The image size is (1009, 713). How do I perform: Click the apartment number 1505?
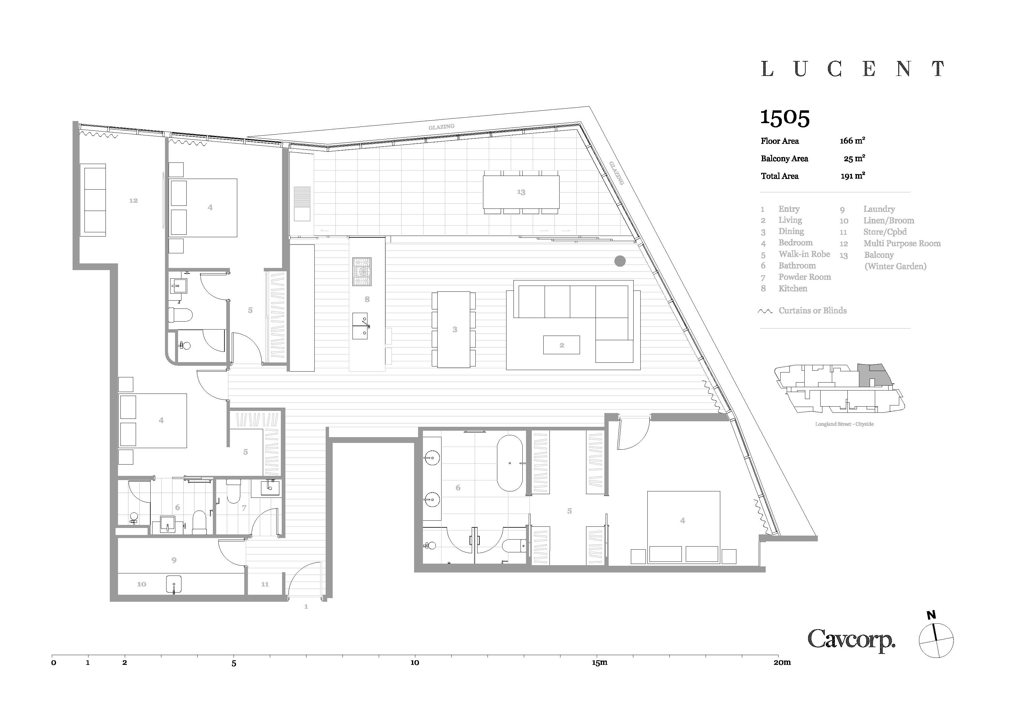point(785,118)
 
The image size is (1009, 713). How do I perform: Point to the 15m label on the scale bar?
point(599,662)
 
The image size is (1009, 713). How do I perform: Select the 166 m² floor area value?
point(853,141)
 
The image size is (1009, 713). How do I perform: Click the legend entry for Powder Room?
point(805,277)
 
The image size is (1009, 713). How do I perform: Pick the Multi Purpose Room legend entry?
point(902,243)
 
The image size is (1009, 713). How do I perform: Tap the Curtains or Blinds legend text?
point(813,311)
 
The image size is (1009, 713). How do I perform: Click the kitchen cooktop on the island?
point(362,272)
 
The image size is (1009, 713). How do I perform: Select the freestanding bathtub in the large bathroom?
point(510,463)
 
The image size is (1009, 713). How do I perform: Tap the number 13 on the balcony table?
point(521,192)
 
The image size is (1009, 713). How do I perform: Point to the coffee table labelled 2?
point(562,345)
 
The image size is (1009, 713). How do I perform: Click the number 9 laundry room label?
point(174,560)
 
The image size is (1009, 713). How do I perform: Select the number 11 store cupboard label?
point(265,584)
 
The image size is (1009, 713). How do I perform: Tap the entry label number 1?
point(306,607)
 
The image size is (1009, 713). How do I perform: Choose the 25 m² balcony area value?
point(854,158)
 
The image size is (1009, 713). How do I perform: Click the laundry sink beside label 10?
point(174,585)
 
